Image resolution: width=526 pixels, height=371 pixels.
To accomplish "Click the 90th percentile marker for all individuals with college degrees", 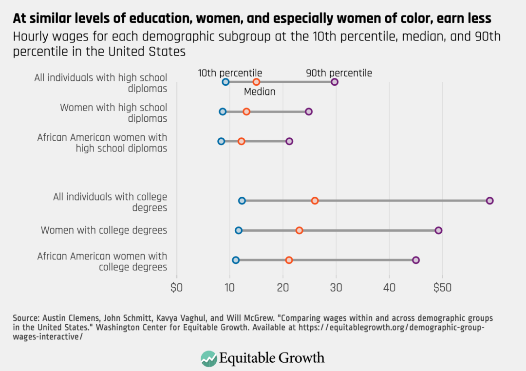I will click(x=489, y=201).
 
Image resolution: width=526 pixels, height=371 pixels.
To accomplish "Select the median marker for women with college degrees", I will click(x=299, y=230).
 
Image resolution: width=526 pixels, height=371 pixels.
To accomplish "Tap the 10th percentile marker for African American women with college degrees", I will click(x=236, y=260).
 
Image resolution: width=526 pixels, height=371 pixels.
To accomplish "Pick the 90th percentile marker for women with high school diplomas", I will click(x=308, y=111).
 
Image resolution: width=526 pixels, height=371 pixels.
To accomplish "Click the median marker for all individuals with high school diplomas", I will click(x=256, y=82).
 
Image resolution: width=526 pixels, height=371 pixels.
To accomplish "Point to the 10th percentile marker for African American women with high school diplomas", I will click(x=221, y=141).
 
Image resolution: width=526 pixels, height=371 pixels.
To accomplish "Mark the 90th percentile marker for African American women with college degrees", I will click(x=415, y=260).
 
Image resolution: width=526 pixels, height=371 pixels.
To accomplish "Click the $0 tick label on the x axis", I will click(x=176, y=288).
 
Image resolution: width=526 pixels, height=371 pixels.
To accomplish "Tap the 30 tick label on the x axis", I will click(x=336, y=288).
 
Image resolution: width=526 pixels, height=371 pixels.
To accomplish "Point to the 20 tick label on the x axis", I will click(x=282, y=288).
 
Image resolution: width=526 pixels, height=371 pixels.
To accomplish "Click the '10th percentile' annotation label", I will click(x=230, y=73).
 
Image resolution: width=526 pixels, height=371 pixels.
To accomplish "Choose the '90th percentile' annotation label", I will click(x=339, y=73).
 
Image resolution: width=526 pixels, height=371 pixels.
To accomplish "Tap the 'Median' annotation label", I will click(x=260, y=92).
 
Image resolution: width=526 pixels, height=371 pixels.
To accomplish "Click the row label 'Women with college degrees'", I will click(x=104, y=230).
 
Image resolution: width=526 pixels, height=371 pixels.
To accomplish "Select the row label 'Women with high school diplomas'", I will click(x=113, y=112).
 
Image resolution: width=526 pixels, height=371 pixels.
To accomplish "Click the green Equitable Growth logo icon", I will click(x=208, y=358).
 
